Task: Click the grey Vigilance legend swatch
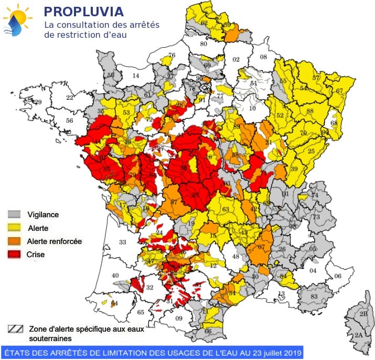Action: click(14, 215)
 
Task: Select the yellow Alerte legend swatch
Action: click(14, 228)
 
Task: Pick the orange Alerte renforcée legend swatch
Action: click(14, 241)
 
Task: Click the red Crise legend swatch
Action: click(14, 255)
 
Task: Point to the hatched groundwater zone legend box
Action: click(16, 329)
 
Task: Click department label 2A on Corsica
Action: click(359, 335)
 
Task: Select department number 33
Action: click(123, 242)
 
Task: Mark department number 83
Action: click(315, 297)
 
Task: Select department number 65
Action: click(141, 312)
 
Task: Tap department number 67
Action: click(339, 91)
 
